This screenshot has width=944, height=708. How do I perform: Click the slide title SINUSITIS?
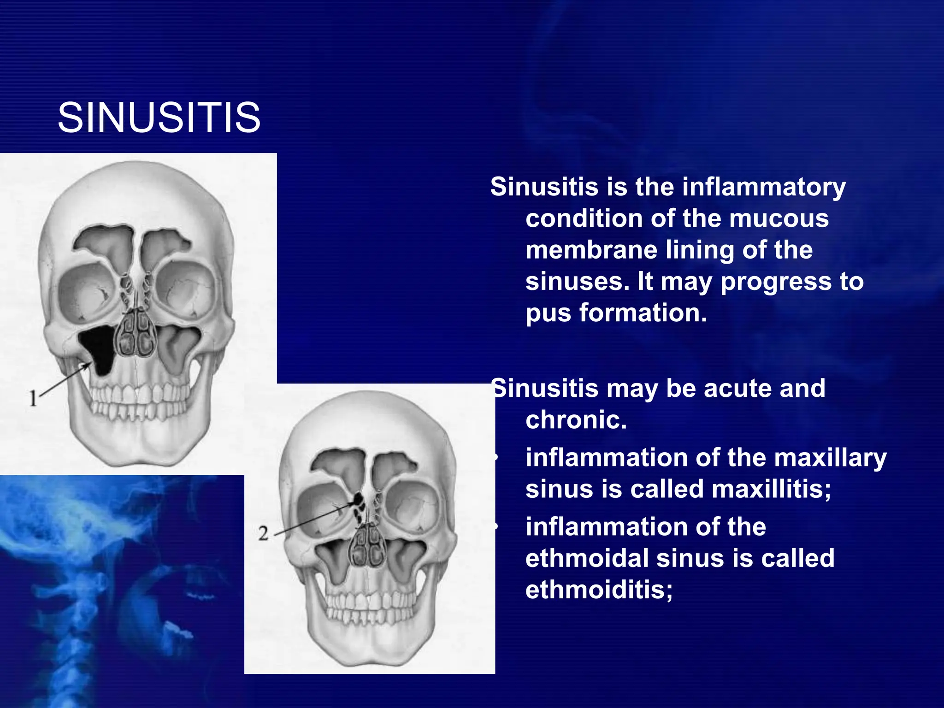(x=159, y=118)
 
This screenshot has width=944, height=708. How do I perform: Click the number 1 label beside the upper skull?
(x=33, y=398)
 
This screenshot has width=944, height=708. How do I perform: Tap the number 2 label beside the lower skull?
(x=263, y=533)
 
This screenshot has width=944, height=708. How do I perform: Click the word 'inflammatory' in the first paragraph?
(x=764, y=188)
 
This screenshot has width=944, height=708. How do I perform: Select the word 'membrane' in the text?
(x=591, y=250)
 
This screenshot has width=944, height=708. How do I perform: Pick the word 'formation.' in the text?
(x=643, y=313)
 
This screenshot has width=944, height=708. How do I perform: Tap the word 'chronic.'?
(x=576, y=420)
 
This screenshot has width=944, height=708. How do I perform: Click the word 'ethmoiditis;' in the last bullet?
(x=599, y=590)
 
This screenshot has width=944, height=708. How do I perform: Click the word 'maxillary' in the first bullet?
(x=830, y=458)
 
